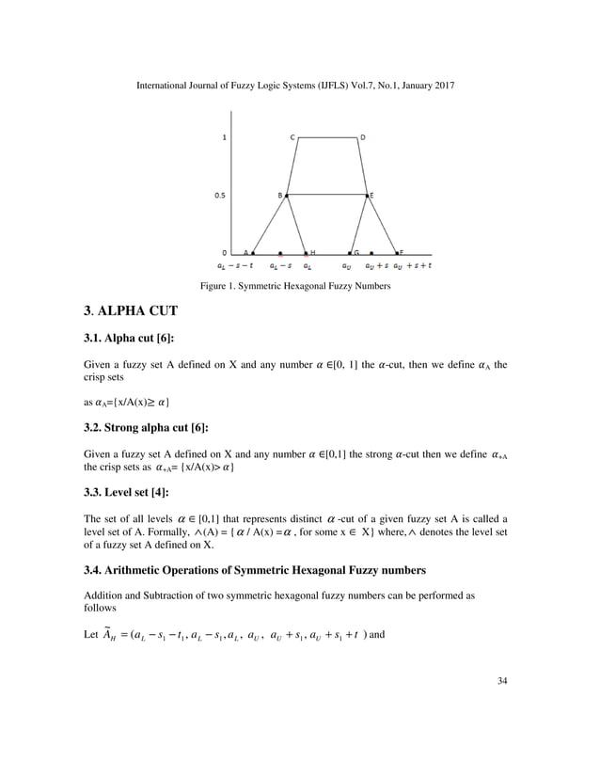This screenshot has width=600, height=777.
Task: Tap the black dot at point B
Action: pos(287,196)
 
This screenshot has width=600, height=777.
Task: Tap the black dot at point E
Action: pos(367,196)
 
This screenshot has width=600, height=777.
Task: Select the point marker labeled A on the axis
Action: pos(253,253)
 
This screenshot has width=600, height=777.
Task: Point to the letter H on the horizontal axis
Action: pos(313,253)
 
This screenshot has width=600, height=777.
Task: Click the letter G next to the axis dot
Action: pos(355,253)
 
